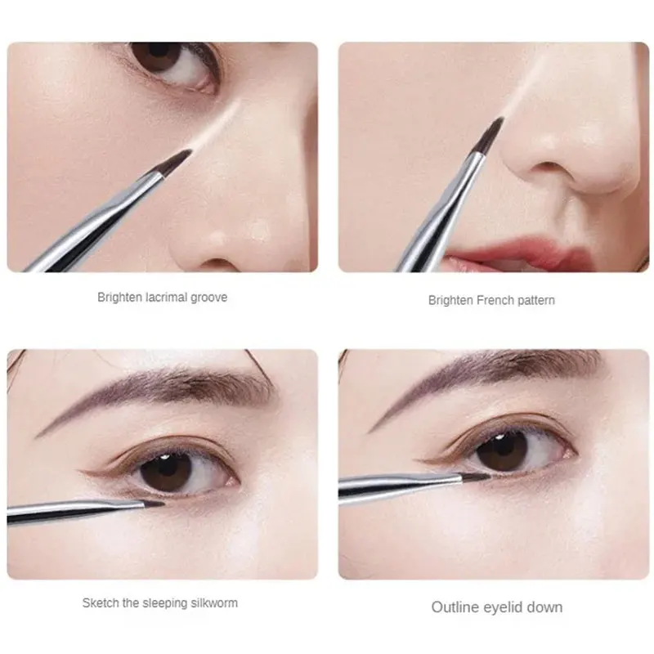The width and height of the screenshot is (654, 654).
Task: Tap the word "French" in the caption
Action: pyautogui.click(x=488, y=301)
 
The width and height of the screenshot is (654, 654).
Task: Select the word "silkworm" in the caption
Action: pyautogui.click(x=212, y=603)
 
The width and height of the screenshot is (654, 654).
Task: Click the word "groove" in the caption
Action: pyautogui.click(x=209, y=298)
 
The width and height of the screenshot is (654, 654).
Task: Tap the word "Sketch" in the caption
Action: pyautogui.click(x=99, y=603)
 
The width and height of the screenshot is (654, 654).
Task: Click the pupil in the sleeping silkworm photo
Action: pyautogui.click(x=172, y=468)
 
